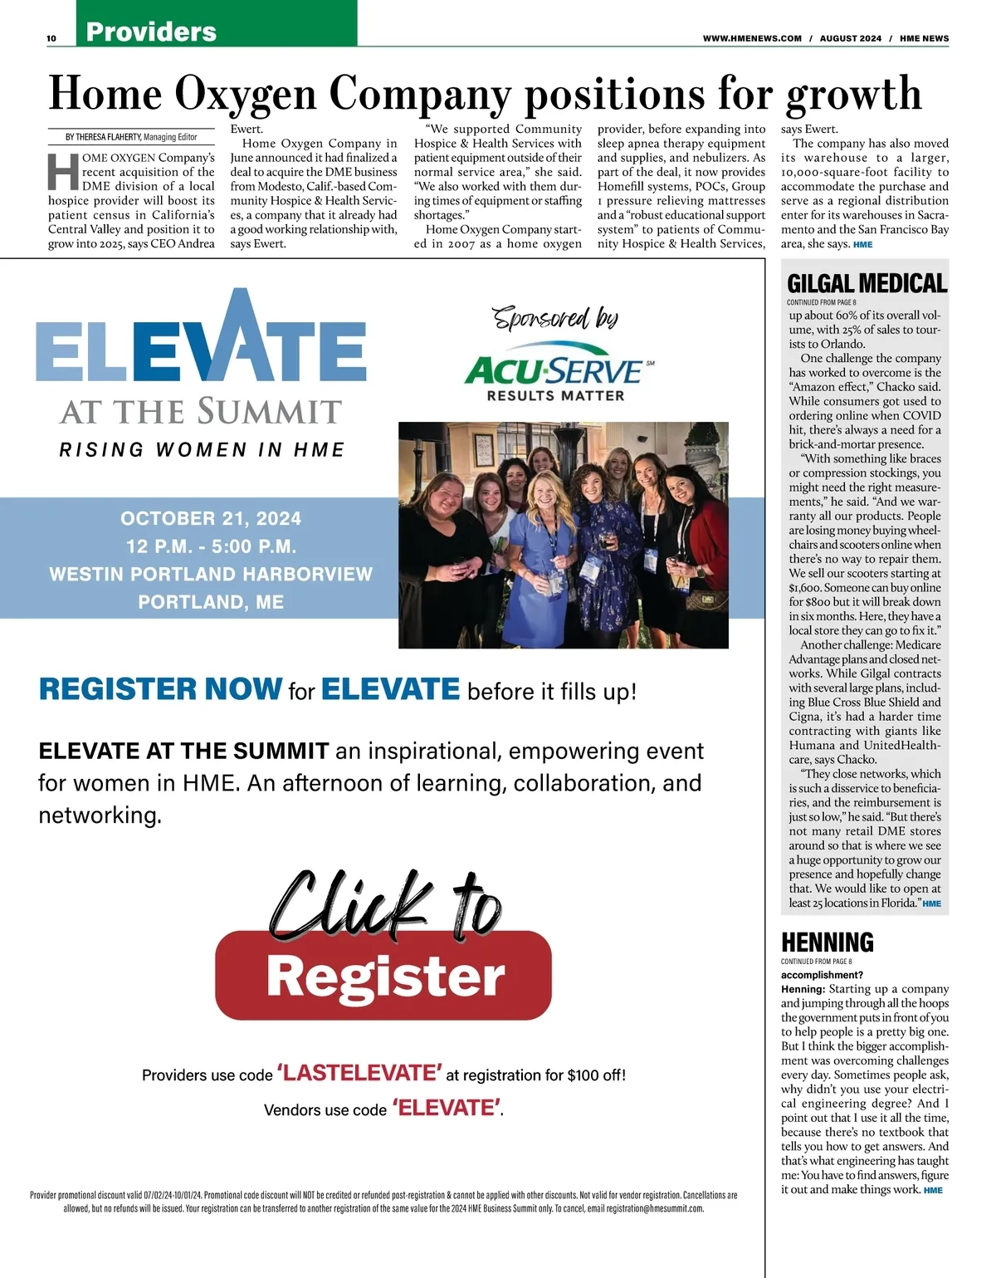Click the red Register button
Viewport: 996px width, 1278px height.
(x=383, y=976)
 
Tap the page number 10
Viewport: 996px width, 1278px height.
(x=51, y=38)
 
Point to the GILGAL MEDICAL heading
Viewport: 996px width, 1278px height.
(x=867, y=284)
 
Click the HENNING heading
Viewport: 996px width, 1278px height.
(x=828, y=943)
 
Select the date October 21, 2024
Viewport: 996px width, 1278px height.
(x=211, y=519)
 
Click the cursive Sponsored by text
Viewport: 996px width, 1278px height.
(x=555, y=318)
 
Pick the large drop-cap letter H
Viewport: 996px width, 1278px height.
(x=63, y=172)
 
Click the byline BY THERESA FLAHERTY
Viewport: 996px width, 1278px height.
(x=104, y=137)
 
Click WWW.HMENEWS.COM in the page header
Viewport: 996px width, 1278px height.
(x=752, y=38)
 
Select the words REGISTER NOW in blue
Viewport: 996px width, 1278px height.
(x=160, y=689)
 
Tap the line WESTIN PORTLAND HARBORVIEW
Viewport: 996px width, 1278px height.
(x=211, y=574)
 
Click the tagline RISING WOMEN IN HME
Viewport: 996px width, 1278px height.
(x=202, y=450)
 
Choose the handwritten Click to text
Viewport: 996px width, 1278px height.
(x=387, y=903)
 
